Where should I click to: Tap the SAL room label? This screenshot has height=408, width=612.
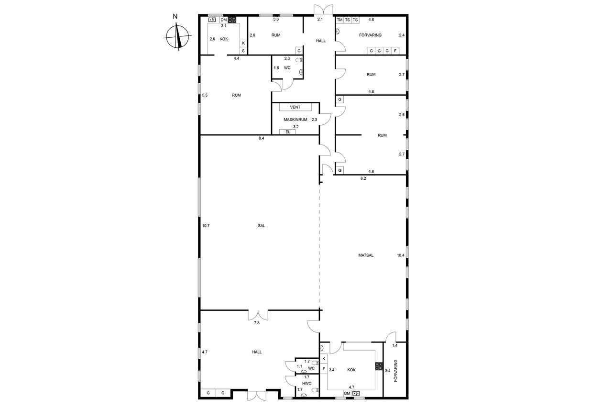pos(262,226)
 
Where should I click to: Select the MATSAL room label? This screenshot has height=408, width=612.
pos(366,255)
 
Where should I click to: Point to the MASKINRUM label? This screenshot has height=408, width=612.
pos(295,120)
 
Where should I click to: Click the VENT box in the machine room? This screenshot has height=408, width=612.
pos(295,107)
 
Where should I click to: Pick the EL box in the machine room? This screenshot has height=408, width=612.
pos(288,132)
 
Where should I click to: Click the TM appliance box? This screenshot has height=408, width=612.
pos(339,20)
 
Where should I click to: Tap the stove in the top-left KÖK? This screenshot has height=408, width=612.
pos(232,20)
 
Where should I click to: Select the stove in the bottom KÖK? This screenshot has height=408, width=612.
pos(379,366)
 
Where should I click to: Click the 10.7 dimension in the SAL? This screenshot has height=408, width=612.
pos(206,226)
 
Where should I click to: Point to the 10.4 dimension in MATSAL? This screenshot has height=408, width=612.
pos(401,255)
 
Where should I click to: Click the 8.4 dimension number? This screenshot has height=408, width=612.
pos(262,138)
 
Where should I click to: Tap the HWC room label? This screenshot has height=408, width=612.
pos(307,384)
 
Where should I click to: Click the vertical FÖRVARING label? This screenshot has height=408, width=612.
pos(395,371)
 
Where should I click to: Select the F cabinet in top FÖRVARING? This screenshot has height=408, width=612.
pos(395,51)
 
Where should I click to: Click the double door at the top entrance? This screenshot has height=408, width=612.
pos(323,9)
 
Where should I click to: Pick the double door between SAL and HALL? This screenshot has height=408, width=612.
pos(258,315)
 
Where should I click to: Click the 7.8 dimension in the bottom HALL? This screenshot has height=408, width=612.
pos(257,323)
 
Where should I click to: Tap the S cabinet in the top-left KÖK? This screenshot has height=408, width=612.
pos(243,51)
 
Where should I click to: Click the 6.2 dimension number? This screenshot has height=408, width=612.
pos(363,178)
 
